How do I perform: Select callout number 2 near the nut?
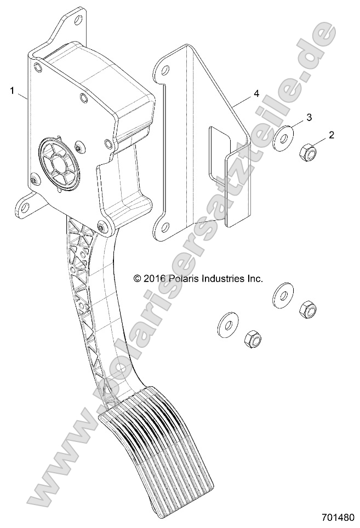click(x=331, y=134)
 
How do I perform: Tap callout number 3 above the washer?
click(x=308, y=117)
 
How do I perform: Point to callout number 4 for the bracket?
click(x=256, y=94)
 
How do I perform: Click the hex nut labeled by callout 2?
click(x=307, y=153)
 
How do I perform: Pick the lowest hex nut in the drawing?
click(x=252, y=341)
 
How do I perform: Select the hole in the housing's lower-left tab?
click(x=22, y=208)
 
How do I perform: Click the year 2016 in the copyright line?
click(x=155, y=278)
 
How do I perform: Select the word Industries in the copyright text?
click(x=224, y=278)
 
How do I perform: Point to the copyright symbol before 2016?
click(x=138, y=278)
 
